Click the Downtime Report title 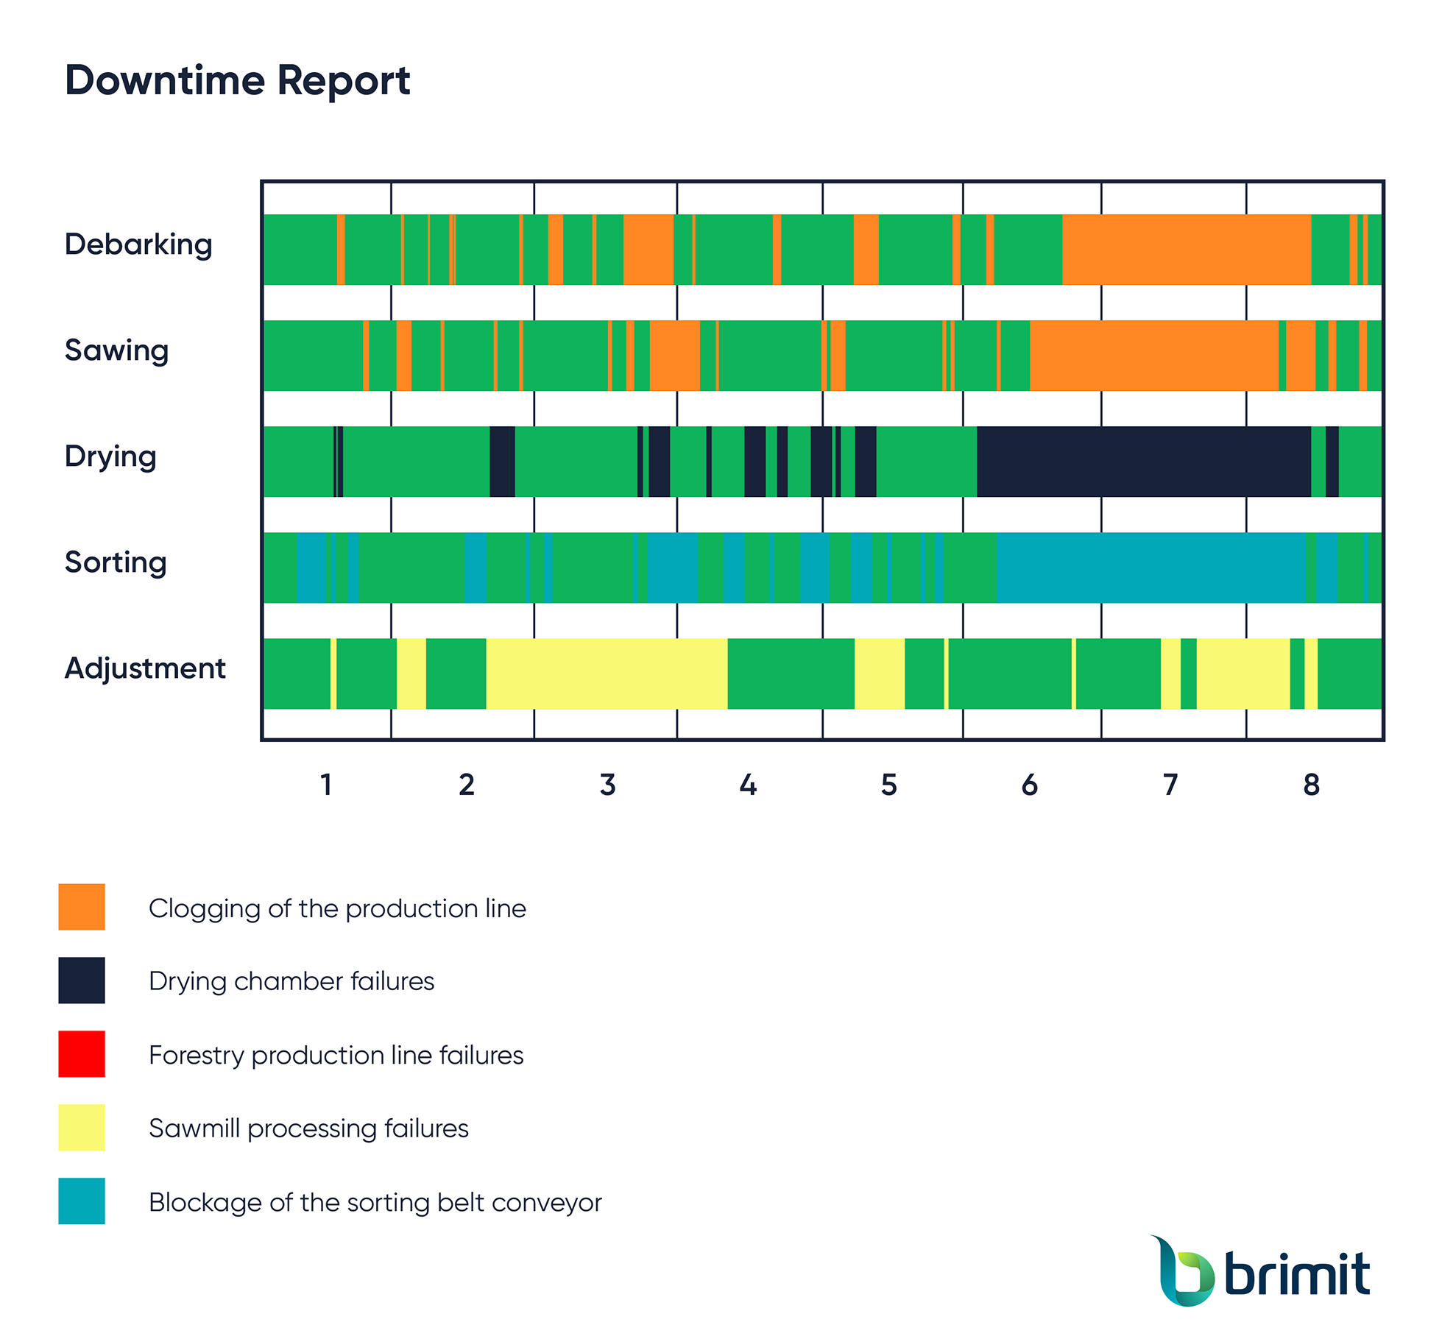point(237,80)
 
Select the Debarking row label point(138,244)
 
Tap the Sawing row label point(116,350)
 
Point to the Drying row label point(110,456)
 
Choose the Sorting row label point(116,562)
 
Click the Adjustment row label point(145,668)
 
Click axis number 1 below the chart point(326,785)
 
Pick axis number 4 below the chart point(748,785)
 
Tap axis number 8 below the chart point(1311,785)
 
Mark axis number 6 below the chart point(1029,785)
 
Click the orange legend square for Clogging point(82,907)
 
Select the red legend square point(82,1054)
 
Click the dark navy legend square point(82,981)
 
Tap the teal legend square point(82,1201)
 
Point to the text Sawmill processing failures point(308,1128)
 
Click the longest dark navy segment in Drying point(1144,462)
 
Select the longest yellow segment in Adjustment point(607,674)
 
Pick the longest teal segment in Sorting point(1151,568)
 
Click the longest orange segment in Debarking point(1187,250)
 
